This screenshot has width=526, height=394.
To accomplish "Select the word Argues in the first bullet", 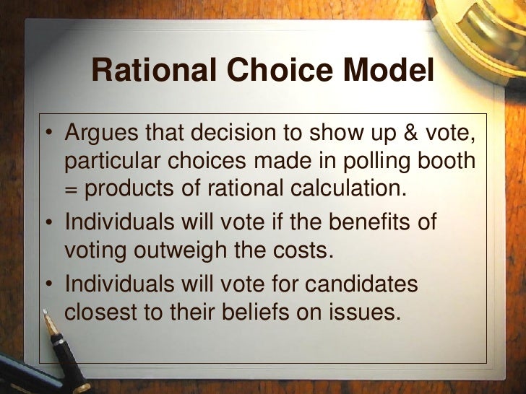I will tap(100, 134).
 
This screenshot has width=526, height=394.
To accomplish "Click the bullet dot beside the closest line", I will tap(48, 284).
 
